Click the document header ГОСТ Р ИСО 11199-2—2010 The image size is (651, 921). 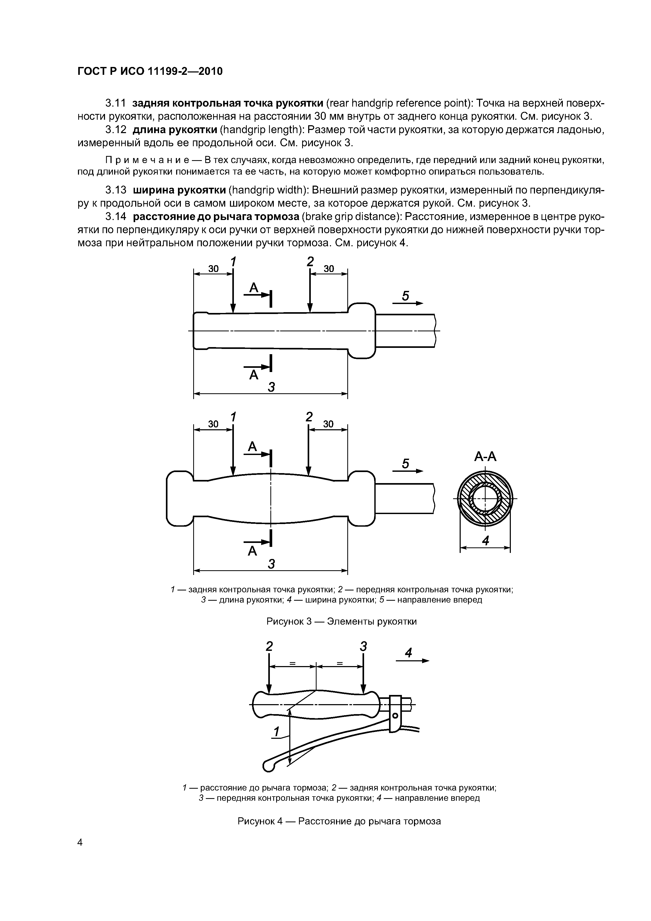(150, 71)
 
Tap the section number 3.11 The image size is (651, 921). (115, 103)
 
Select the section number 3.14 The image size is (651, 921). (115, 217)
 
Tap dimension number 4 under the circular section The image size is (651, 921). (485, 541)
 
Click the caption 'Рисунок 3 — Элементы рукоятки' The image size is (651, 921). (341, 621)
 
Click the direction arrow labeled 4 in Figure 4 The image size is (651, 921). (412, 660)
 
